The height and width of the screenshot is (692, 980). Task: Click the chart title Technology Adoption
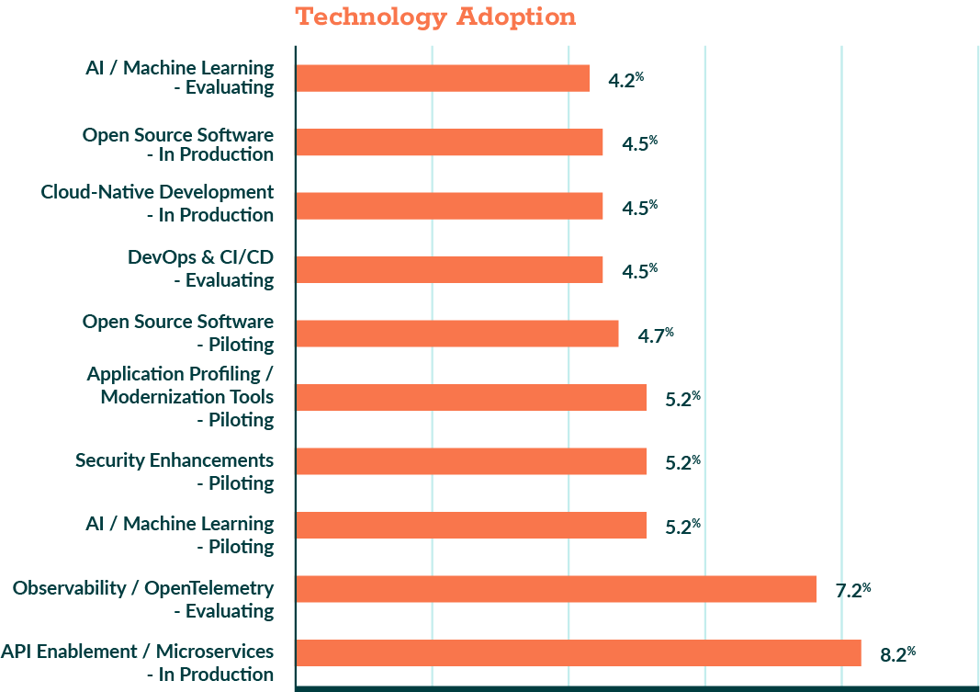point(435,17)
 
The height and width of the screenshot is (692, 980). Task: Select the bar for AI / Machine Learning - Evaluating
point(442,78)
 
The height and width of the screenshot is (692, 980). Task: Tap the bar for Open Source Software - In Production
point(448,142)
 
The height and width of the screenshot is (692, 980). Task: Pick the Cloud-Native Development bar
point(448,206)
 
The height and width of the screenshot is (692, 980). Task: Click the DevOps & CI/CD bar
point(448,269)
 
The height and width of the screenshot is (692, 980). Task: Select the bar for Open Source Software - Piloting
point(456,333)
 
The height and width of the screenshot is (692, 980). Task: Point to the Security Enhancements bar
point(470,460)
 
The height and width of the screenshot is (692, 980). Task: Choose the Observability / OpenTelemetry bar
point(556,588)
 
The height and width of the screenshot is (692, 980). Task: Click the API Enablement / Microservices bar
point(578,652)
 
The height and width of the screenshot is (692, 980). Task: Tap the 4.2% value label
point(625,80)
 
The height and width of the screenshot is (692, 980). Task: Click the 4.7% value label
point(655,335)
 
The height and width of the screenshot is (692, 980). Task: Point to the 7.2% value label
point(852,590)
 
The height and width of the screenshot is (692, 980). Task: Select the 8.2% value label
point(897,654)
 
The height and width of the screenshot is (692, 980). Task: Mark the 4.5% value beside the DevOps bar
point(639,271)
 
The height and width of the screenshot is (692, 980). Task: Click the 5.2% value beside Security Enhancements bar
point(682,462)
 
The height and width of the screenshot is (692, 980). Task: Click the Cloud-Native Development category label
point(157,203)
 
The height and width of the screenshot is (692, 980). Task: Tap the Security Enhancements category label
point(175,471)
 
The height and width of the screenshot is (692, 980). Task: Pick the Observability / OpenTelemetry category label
point(143,598)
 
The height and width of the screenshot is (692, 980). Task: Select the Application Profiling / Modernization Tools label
point(180,396)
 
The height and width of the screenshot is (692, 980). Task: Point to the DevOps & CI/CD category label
point(200,267)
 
